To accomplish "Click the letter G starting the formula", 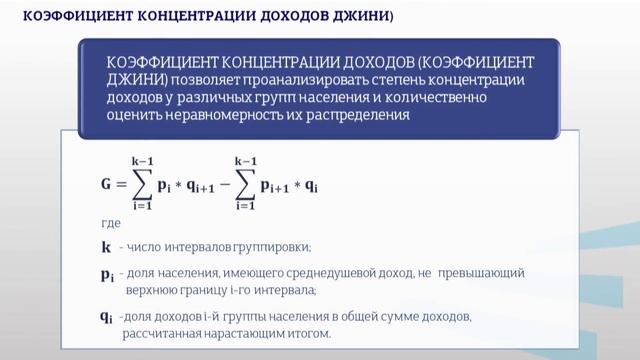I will [x=107, y=184].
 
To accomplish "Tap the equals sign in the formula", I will [x=124, y=185].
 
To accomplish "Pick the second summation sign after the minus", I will [x=246, y=184].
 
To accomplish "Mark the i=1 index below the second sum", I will [x=246, y=206].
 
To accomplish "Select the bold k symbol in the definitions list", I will [x=106, y=246].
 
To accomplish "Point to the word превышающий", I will [x=486, y=272].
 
